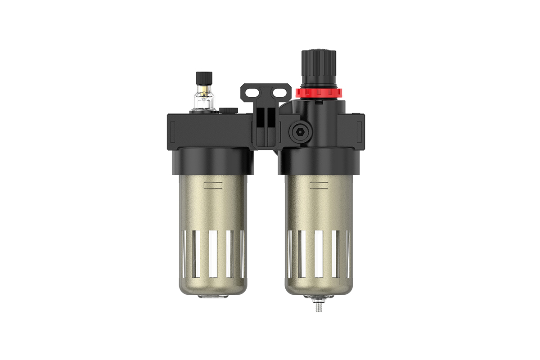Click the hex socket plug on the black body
pyautogui.click(x=296, y=132)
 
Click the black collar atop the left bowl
pyautogui.click(x=212, y=161)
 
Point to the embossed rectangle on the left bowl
pyautogui.click(x=213, y=185)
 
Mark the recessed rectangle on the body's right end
pyautogui.click(x=360, y=130)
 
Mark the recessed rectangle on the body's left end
pyautogui.click(x=172, y=130)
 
